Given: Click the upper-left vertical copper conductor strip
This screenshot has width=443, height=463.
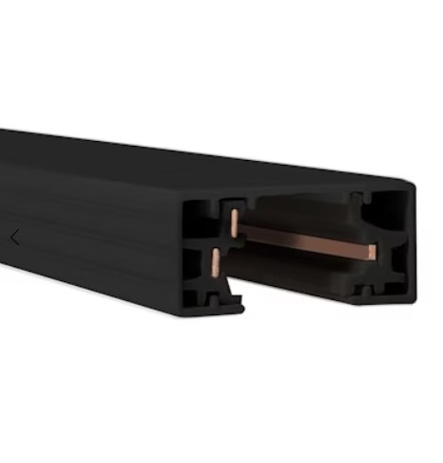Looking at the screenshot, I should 232,223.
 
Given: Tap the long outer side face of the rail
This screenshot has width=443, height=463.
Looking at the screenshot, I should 95,227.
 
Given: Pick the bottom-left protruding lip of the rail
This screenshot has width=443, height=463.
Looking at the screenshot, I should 227,306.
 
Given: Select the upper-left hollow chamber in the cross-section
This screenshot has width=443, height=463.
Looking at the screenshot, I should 202,217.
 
